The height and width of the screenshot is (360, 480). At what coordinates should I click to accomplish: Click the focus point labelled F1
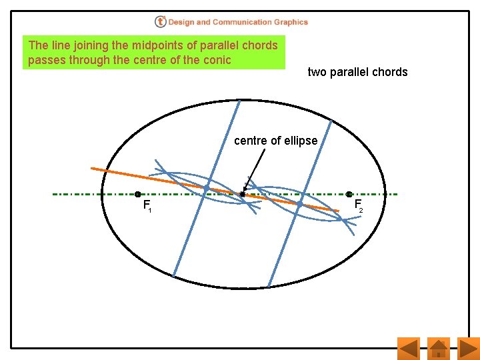tap(138, 195)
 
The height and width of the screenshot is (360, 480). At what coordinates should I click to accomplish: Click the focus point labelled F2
tap(349, 195)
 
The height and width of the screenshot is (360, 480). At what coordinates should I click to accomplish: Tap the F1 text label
tap(147, 206)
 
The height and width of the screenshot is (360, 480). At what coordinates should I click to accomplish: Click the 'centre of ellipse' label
tap(275, 141)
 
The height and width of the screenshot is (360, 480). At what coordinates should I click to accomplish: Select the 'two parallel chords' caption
tap(357, 72)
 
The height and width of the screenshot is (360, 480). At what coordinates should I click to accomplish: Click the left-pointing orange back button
tap(408, 348)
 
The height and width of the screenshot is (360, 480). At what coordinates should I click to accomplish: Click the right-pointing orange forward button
tap(469, 348)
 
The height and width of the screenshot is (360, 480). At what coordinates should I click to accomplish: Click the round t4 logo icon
tap(161, 22)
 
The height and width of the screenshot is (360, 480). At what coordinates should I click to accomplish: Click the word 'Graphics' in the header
tap(292, 22)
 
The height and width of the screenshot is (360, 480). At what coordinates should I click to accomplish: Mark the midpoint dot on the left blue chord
tap(207, 189)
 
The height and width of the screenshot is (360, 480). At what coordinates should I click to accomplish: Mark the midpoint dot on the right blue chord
tap(300, 203)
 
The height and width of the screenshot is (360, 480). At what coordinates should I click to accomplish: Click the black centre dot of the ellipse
tap(243, 195)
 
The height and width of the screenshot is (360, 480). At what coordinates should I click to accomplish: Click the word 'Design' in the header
tap(181, 22)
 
